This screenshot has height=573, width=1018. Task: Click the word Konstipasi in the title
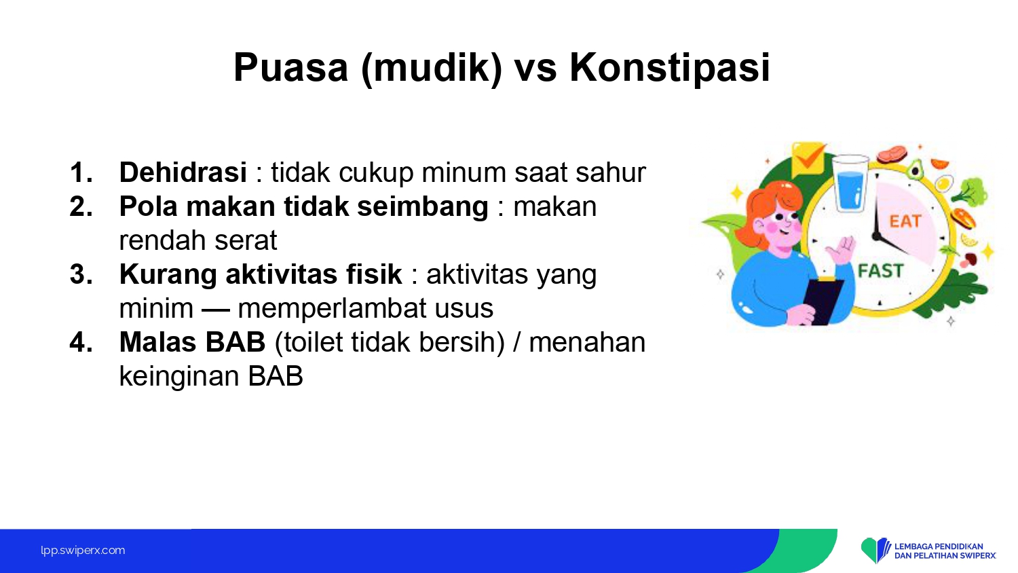(669, 68)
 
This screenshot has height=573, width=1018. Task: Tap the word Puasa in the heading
(291, 67)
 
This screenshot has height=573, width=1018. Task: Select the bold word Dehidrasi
(183, 172)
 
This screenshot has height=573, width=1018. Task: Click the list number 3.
(81, 274)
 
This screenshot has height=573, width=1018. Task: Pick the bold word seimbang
(423, 207)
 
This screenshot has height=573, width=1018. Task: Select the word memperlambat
(332, 308)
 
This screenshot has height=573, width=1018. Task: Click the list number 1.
(81, 172)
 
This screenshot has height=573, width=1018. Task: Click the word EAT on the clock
(905, 221)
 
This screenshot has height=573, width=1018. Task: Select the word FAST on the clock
(880, 271)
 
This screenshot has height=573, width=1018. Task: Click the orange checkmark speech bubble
(808, 159)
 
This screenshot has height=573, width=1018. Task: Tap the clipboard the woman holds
(823, 300)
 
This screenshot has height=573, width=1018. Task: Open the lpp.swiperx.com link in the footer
(83, 551)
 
